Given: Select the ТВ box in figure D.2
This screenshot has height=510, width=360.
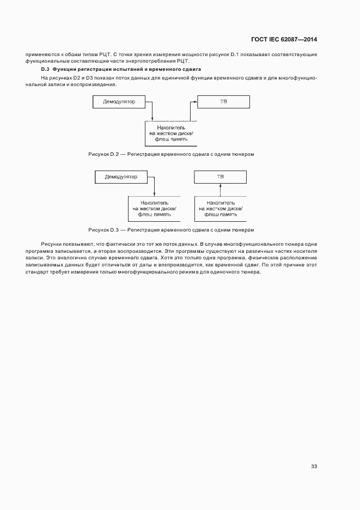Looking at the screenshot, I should tap(223, 101).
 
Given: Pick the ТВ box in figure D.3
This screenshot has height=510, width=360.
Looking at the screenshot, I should tap(220, 177).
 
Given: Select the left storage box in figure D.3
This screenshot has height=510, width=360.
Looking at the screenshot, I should tap(155, 208).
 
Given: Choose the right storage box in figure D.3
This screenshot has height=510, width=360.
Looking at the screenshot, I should tap(220, 208).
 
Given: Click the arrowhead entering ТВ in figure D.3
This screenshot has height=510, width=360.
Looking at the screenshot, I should tap(220, 185).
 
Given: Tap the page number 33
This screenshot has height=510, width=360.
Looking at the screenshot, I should tap(314, 466).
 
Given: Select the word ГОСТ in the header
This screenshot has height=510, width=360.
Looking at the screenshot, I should tap(259, 40).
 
